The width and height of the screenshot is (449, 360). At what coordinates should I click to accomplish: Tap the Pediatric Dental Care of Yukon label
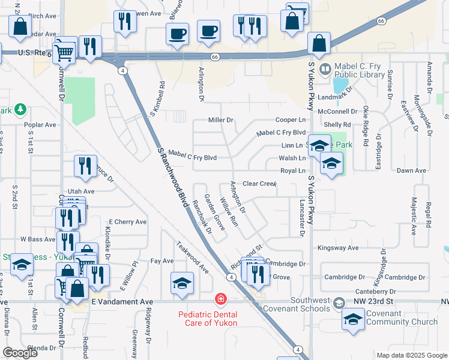(207, 319)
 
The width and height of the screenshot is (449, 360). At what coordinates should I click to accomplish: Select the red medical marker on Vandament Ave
(221, 299)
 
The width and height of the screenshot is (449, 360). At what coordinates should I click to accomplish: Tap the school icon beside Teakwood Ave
(182, 283)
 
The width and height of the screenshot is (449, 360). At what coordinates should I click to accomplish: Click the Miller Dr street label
(220, 121)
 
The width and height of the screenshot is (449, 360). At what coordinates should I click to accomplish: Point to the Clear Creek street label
(259, 183)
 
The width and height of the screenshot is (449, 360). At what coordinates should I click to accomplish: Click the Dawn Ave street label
(411, 171)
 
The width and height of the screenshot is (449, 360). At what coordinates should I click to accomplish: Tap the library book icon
(325, 69)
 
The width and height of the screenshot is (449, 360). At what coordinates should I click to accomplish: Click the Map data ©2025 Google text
(411, 355)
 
